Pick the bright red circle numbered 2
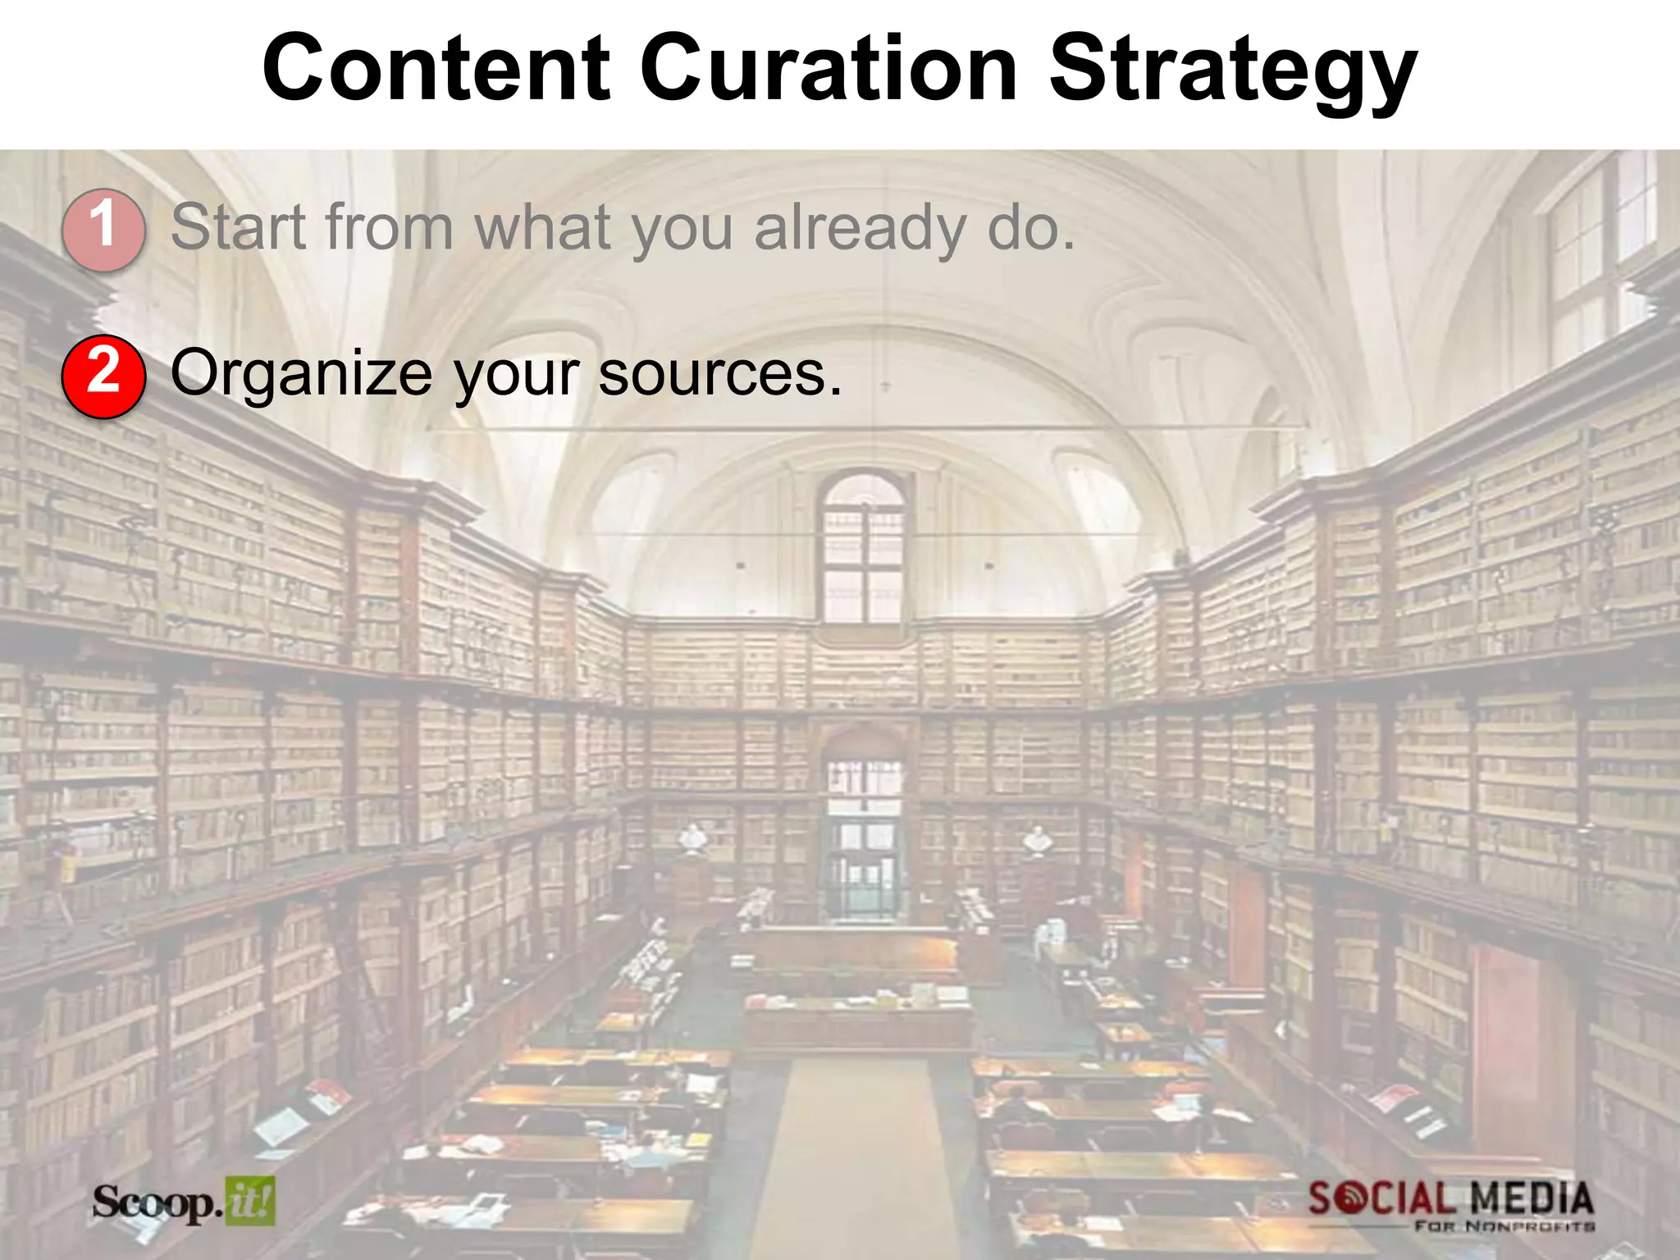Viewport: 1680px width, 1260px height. pyautogui.click(x=103, y=377)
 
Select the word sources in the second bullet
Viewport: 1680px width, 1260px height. pyautogui.click(x=719, y=374)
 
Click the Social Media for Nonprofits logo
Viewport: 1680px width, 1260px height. pyautogui.click(x=1450, y=1204)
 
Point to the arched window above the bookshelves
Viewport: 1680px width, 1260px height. pyautogui.click(x=863, y=546)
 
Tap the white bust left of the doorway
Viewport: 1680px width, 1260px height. pyautogui.click(x=693, y=839)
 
